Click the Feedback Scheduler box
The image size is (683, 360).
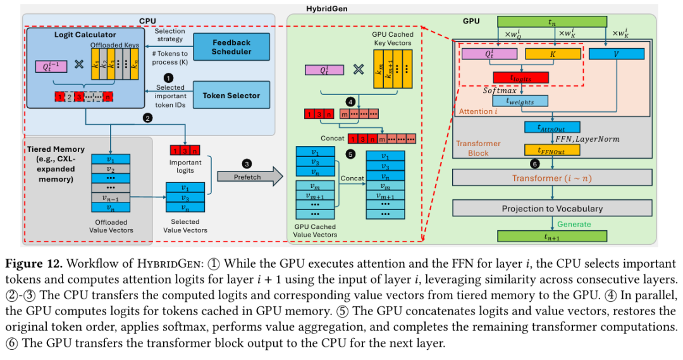(x=231, y=47)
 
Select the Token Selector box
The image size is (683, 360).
(x=231, y=95)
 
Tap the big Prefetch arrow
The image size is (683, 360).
(x=250, y=176)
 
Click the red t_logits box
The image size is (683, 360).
(x=520, y=78)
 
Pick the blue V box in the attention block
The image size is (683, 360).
(x=617, y=54)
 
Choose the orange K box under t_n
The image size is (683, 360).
(x=553, y=54)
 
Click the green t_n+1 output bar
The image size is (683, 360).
(x=552, y=236)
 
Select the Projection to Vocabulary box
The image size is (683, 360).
(x=552, y=208)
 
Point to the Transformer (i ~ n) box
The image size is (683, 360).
(x=552, y=178)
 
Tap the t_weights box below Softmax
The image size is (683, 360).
(x=520, y=101)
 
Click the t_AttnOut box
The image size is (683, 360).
(x=552, y=127)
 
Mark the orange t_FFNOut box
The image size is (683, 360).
(x=552, y=151)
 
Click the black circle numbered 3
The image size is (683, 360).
(x=247, y=164)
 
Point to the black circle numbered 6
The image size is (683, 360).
(x=534, y=164)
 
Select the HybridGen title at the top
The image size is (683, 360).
(x=327, y=8)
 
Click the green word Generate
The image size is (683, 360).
(x=574, y=224)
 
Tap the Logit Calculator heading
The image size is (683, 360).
(x=85, y=34)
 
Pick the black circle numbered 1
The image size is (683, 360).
(x=168, y=78)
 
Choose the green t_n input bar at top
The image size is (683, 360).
(x=552, y=22)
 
